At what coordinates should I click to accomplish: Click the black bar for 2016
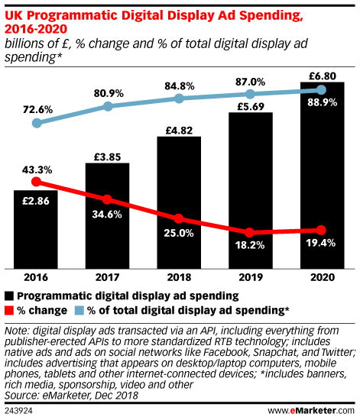point(35,229)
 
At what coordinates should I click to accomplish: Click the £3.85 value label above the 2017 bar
point(107,155)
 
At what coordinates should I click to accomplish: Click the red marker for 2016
point(35,183)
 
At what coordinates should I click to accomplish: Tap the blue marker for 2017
point(107,106)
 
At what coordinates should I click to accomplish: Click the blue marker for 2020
point(322,90)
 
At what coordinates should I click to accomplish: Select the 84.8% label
point(179,84)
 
